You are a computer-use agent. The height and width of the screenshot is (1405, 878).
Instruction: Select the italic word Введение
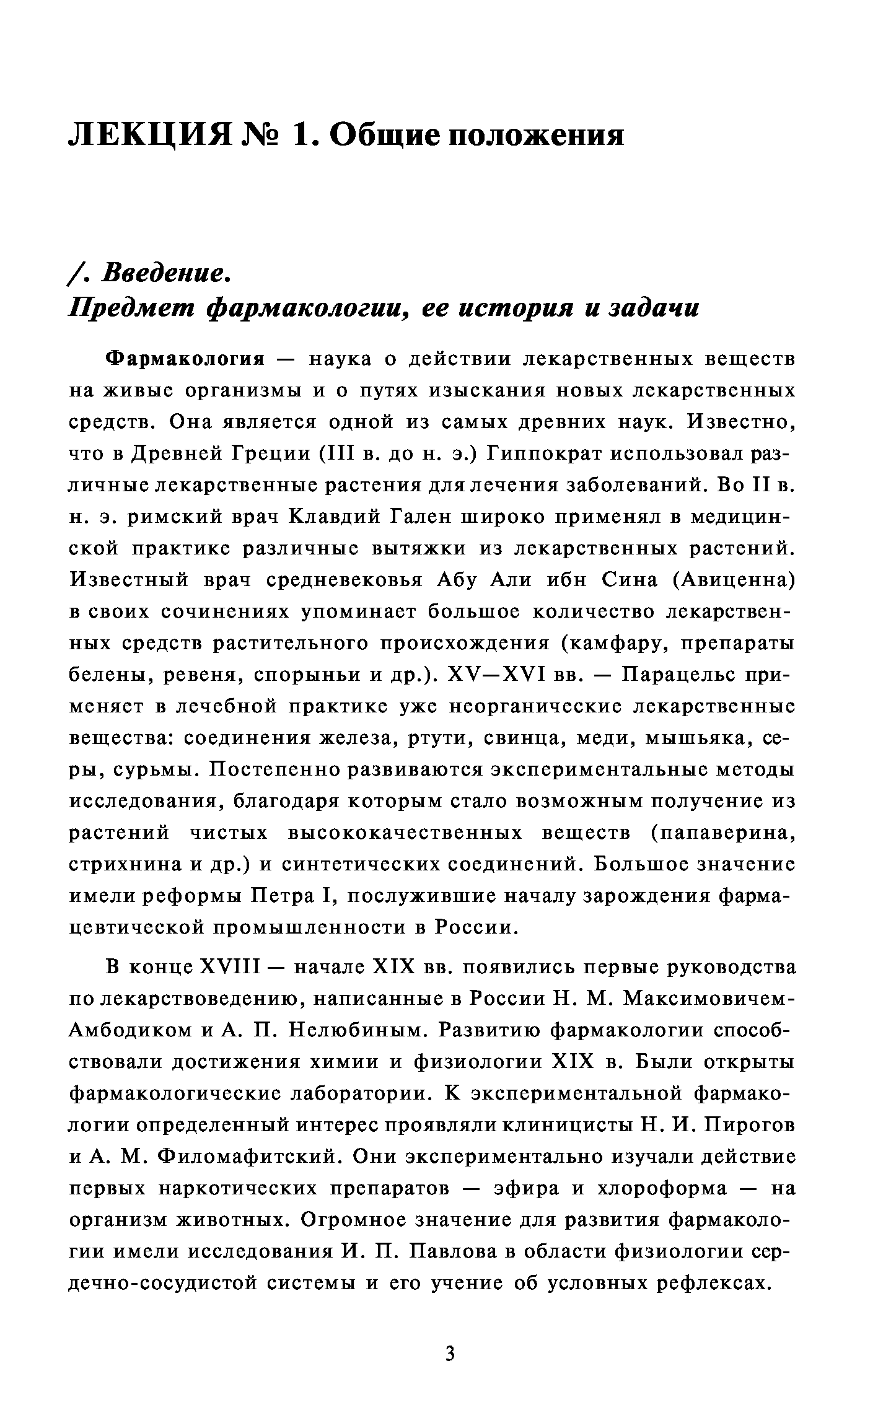click(x=165, y=274)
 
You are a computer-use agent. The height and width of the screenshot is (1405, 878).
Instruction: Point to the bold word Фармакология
click(x=185, y=359)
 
